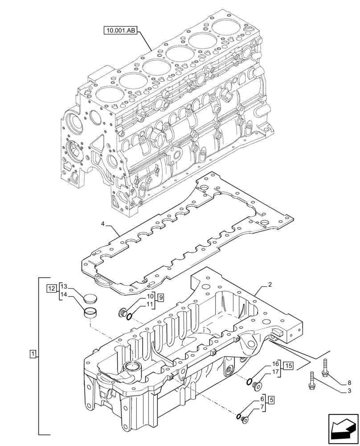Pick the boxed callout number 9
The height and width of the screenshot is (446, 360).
pos(160,297)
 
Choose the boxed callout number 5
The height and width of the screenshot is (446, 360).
pos(271,400)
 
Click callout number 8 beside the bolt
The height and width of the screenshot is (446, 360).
pos(349,382)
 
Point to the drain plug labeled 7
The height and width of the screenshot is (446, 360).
pos(243,418)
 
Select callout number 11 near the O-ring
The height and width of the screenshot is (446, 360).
pos(150,305)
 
